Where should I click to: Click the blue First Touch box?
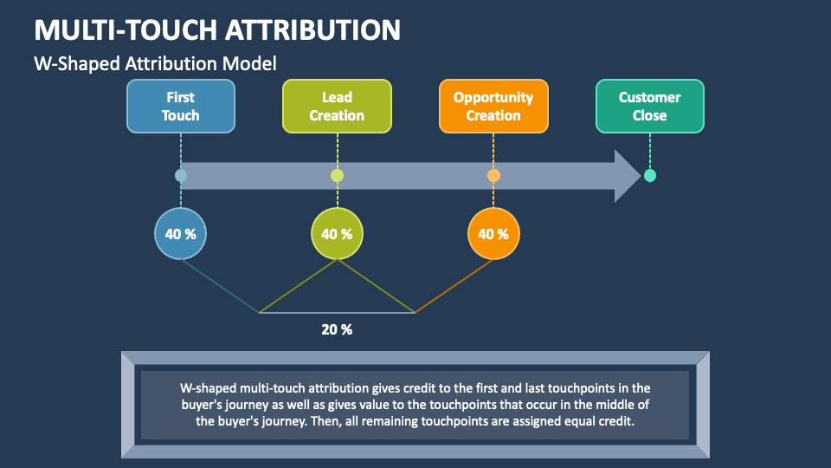click(180, 107)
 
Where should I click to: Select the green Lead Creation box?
click(337, 107)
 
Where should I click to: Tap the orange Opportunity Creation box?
click(493, 107)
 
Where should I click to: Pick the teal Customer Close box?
click(649, 107)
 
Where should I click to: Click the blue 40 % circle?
click(180, 234)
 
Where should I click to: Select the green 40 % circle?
click(337, 234)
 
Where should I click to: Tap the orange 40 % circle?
click(493, 234)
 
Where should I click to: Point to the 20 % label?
click(337, 329)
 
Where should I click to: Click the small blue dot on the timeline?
click(180, 176)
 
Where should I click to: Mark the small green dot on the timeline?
click(337, 176)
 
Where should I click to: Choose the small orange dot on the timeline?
click(493, 176)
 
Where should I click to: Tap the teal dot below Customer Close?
click(650, 176)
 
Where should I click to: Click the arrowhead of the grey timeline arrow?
click(627, 176)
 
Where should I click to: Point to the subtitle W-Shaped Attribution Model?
click(155, 63)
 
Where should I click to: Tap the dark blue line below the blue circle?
click(220, 286)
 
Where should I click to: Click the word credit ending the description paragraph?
click(615, 422)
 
